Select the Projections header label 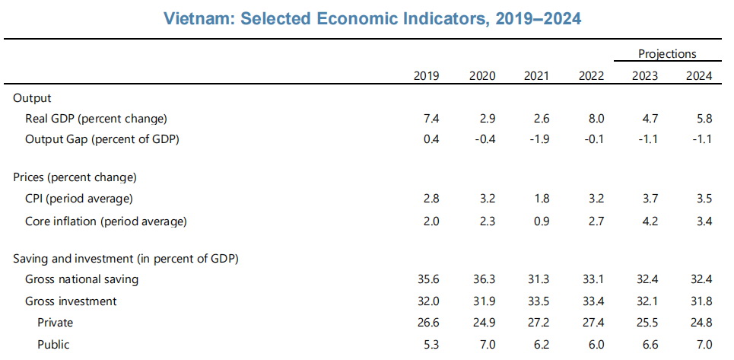[x=667, y=54]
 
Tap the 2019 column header [x=427, y=76]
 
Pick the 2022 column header [x=591, y=76]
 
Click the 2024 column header [x=699, y=76]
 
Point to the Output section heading [x=32, y=98]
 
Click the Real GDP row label [x=96, y=119]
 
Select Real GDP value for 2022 [x=596, y=119]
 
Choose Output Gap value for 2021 [x=539, y=139]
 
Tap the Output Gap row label [x=102, y=139]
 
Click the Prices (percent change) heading [x=75, y=178]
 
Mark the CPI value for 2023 [x=650, y=199]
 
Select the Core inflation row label [x=106, y=221]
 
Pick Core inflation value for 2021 [x=541, y=221]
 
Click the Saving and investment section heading [x=126, y=259]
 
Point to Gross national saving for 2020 [x=482, y=279]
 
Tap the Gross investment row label [x=71, y=301]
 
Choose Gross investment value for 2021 [x=536, y=301]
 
